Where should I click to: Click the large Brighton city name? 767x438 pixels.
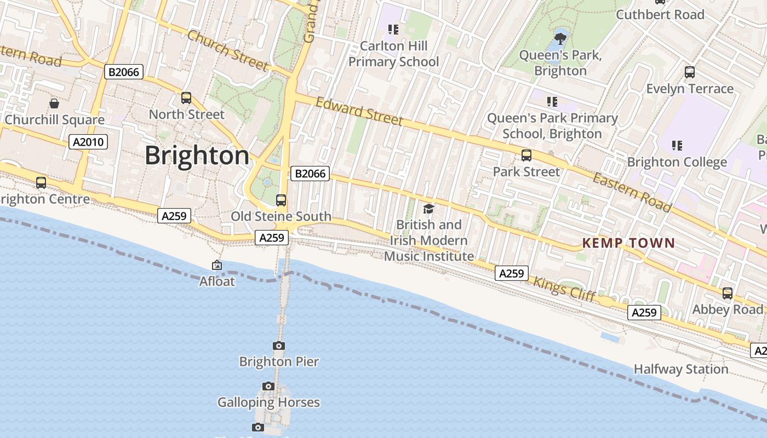(x=197, y=156)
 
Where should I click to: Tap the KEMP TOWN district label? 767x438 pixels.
(x=628, y=243)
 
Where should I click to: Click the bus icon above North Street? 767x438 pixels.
(x=186, y=98)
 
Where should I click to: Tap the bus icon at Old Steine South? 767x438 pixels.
(x=281, y=200)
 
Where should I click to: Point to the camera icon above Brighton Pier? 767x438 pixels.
(x=279, y=345)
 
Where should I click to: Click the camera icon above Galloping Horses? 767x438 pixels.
(x=268, y=386)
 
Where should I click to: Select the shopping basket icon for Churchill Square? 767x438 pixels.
(x=54, y=103)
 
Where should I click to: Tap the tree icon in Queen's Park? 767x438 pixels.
(x=560, y=38)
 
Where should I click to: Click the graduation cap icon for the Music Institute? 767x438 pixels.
(x=428, y=209)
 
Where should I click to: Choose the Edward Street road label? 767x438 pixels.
(x=359, y=111)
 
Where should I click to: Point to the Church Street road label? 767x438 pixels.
(x=228, y=50)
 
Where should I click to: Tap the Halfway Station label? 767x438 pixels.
(x=681, y=369)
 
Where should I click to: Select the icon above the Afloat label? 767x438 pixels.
(x=217, y=265)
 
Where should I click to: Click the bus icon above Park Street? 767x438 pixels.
(x=526, y=155)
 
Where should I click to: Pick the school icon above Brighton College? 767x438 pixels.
(x=677, y=145)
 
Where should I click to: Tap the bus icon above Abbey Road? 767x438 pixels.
(x=728, y=293)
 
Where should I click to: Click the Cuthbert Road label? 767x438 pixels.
(x=660, y=15)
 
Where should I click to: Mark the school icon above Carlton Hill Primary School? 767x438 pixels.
(x=393, y=29)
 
